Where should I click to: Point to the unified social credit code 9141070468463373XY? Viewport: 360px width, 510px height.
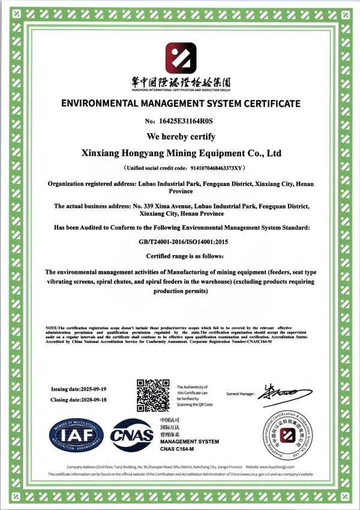coord(203,169)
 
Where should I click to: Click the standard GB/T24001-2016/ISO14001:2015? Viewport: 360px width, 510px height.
coord(180,242)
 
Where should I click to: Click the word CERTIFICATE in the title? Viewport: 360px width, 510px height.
coord(272,104)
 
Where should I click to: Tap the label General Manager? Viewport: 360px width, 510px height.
coord(241,394)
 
